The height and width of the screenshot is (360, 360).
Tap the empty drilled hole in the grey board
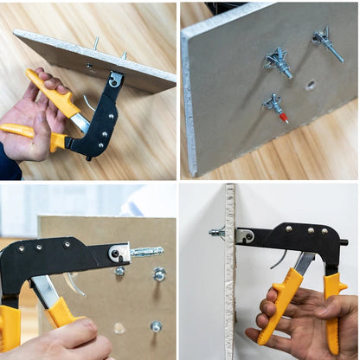click(x=310, y=86)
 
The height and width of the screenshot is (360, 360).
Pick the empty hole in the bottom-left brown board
click(x=119, y=328)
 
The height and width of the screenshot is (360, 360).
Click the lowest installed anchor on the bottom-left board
click(x=156, y=326)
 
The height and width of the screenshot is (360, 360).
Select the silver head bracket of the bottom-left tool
click(x=117, y=253)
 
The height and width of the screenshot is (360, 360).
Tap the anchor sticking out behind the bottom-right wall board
click(x=216, y=232)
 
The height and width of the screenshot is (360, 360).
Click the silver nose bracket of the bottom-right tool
click(x=244, y=235)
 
